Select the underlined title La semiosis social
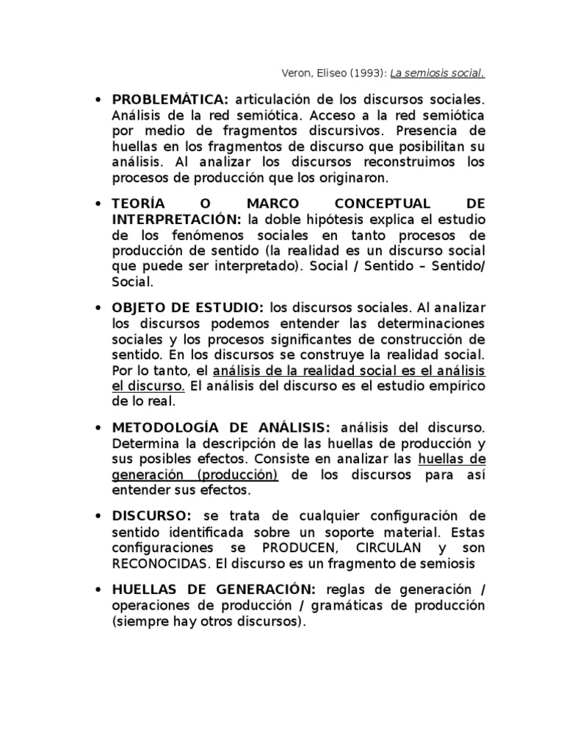[437, 73]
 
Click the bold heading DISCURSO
[151, 516]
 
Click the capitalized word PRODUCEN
[289, 549]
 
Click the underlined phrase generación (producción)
[195, 475]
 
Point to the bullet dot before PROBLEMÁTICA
[97, 99]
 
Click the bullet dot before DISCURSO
[97, 516]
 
